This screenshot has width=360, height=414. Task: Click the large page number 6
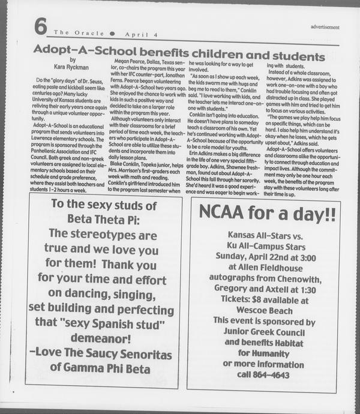pos(40,27)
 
